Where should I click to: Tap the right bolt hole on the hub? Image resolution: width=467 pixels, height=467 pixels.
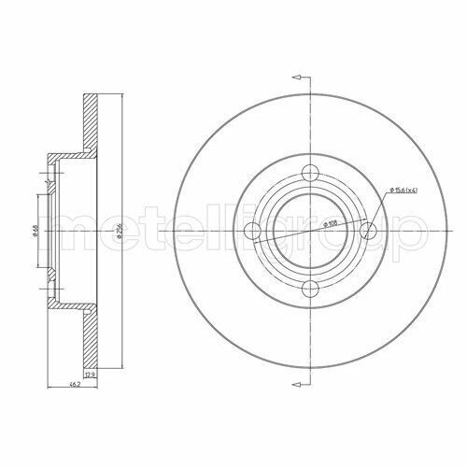(x=367, y=231)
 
